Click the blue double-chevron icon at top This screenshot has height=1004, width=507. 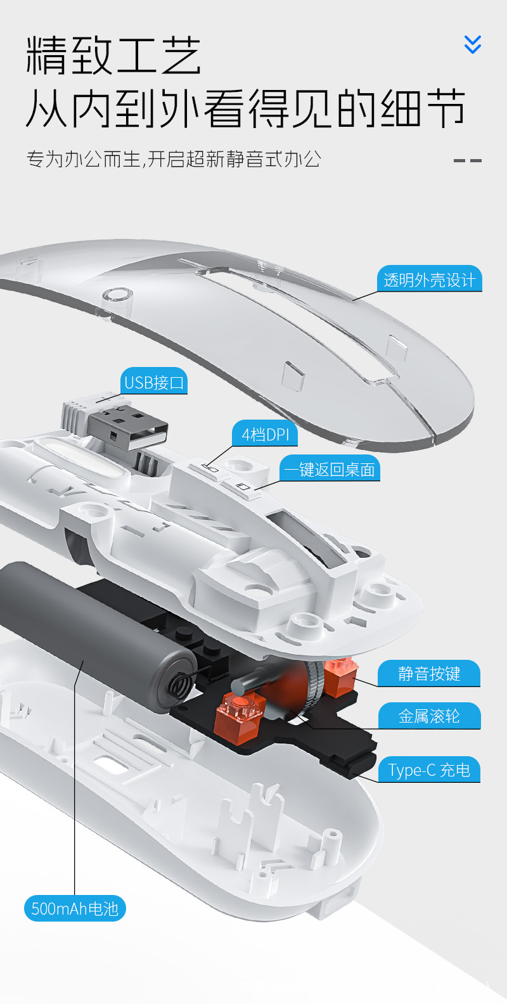(x=473, y=44)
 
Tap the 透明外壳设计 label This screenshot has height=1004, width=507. (x=429, y=280)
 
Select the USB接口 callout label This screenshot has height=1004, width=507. (x=154, y=382)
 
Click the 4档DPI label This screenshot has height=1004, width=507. (x=265, y=434)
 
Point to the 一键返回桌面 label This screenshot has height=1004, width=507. (x=330, y=469)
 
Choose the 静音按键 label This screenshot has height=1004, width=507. (x=429, y=673)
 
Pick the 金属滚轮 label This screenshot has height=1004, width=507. (x=429, y=716)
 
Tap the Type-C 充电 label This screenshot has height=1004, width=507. (x=429, y=769)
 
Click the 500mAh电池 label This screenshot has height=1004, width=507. (x=75, y=908)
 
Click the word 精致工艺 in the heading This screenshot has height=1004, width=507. (x=114, y=56)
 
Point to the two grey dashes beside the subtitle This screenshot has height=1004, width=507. (x=468, y=160)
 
